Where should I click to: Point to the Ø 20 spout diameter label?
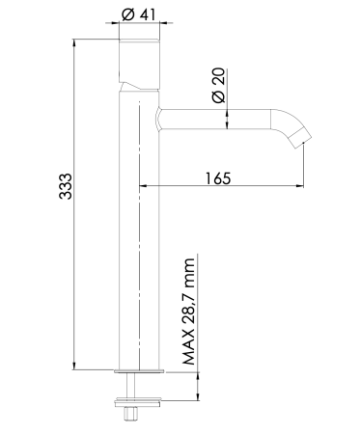click(x=217, y=86)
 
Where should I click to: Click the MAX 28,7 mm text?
click(x=188, y=312)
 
